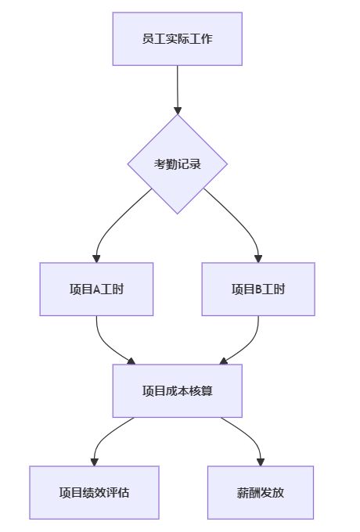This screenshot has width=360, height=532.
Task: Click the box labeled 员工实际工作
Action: [177, 38]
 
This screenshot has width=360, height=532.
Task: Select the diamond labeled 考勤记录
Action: [178, 164]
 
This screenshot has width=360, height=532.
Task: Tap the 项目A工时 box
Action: [96, 289]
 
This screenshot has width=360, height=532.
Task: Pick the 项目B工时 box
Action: [258, 289]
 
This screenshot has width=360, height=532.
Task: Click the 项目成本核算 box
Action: [177, 391]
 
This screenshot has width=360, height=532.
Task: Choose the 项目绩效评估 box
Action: [94, 493]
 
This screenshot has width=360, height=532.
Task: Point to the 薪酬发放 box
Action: [261, 493]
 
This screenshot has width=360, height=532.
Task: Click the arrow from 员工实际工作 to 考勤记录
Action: [178, 89]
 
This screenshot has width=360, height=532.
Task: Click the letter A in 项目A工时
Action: [96, 289]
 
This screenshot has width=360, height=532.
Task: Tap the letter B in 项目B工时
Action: [258, 289]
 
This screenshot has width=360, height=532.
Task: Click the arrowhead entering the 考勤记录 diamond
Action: [178, 110]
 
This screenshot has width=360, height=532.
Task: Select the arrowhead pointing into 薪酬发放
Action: [261, 462]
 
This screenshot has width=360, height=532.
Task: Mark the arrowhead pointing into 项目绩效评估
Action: [95, 462]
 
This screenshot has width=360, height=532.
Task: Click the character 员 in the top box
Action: [148, 38]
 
